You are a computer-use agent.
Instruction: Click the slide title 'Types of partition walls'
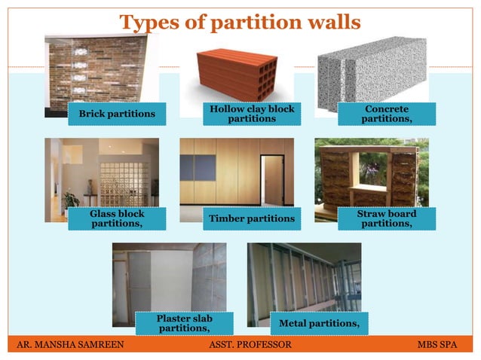[240, 23]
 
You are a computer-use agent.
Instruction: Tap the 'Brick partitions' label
[112, 114]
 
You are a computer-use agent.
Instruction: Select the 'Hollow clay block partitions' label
[252, 114]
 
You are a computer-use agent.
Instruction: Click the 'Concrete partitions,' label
[387, 114]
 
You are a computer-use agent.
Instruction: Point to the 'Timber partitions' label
[251, 218]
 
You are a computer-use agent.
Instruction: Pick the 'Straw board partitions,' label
[387, 218]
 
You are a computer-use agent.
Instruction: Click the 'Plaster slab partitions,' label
[184, 323]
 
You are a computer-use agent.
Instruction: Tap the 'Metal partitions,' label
[319, 323]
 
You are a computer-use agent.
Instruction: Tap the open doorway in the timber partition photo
[273, 181]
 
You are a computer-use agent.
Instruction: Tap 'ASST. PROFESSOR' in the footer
[249, 345]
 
